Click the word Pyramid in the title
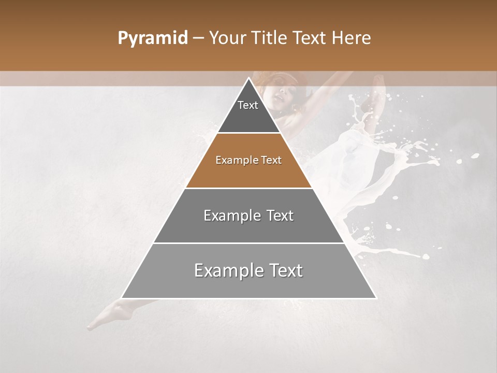pos(152,38)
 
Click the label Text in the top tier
pos(248,105)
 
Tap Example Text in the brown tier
pos(248,160)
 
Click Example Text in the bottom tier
pos(248,270)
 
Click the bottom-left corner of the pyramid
pos(122,298)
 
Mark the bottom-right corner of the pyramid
pos(376,298)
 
